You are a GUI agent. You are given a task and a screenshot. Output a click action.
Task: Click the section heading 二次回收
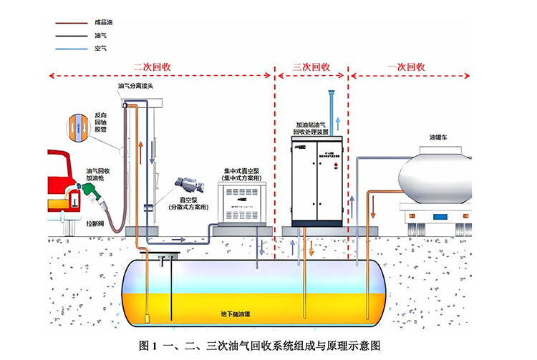pyautogui.click(x=152, y=67)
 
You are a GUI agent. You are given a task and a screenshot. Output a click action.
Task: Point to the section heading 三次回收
pyautogui.click(x=311, y=67)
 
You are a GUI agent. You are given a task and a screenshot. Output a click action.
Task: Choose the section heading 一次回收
pyautogui.click(x=407, y=67)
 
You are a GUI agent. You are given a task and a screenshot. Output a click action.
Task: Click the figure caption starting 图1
pyautogui.click(x=268, y=345)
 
